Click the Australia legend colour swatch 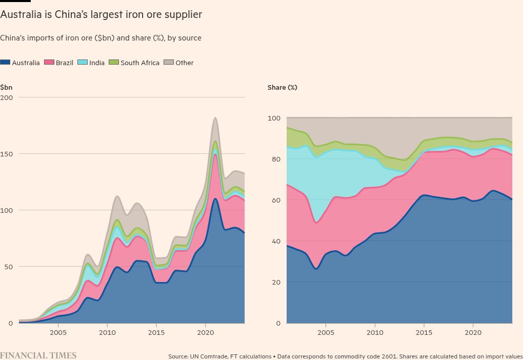click(5, 63)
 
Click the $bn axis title click(6, 87)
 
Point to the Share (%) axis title click(282, 88)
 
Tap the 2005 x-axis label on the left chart click(58, 332)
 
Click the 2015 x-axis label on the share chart click(424, 332)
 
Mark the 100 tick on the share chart click(274, 118)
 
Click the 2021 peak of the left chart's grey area click(215, 118)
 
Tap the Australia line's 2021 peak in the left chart click(215, 199)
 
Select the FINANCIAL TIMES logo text click(38, 355)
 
